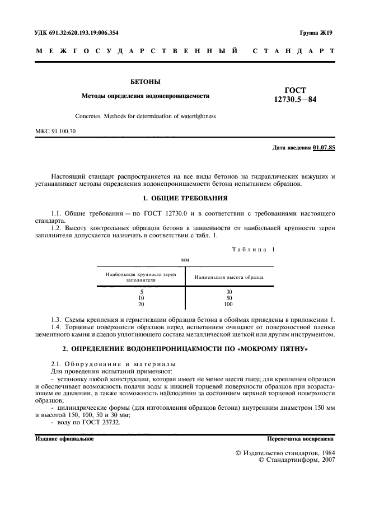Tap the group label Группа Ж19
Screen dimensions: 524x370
316,33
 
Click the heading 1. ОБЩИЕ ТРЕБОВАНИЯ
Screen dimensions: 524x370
185,198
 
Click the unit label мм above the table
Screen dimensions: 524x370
185,260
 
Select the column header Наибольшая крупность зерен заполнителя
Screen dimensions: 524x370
141,277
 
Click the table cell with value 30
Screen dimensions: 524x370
228,292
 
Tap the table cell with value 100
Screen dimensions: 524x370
228,304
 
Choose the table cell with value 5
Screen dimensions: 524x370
141,292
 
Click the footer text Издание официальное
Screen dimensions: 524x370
64,439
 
